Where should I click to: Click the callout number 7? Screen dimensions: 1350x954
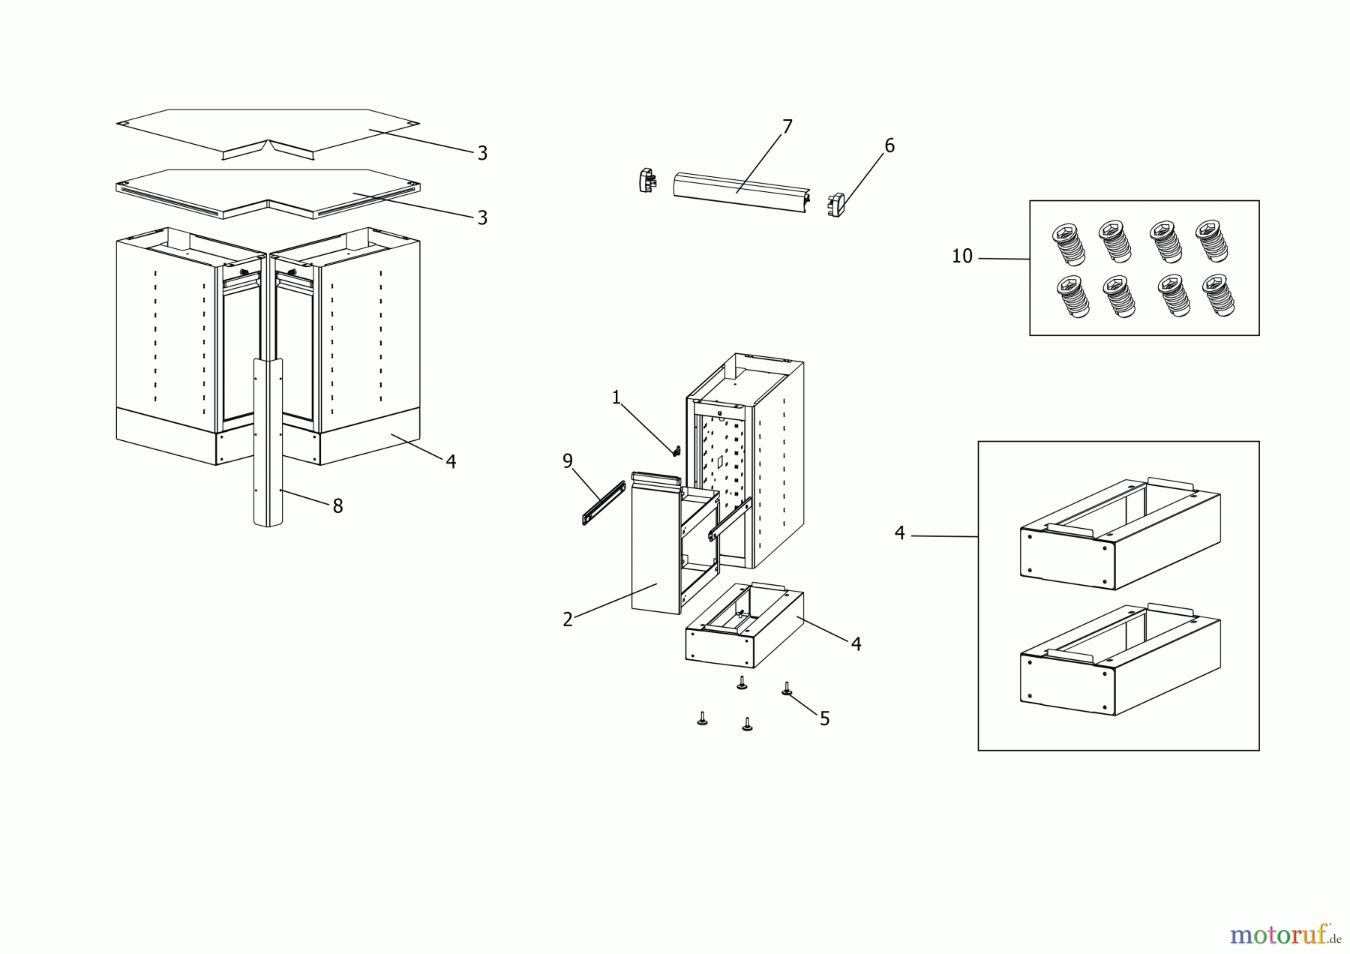click(x=787, y=127)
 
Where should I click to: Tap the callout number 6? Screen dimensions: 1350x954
click(x=889, y=145)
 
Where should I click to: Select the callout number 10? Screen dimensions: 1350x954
click(x=961, y=256)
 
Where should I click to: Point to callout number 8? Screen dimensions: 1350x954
click(x=337, y=506)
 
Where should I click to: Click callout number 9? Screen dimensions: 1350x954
click(x=568, y=461)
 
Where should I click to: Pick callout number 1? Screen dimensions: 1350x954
click(x=616, y=397)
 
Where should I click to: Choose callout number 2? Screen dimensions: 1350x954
click(x=568, y=619)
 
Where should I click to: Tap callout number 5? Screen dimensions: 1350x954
click(x=824, y=719)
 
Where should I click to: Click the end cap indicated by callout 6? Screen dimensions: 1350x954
click(x=835, y=205)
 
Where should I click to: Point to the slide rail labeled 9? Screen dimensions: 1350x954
click(x=604, y=502)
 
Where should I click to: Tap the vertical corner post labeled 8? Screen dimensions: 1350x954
click(x=268, y=442)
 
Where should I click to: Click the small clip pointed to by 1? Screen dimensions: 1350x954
click(x=676, y=451)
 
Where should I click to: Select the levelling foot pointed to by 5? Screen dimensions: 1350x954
click(x=787, y=688)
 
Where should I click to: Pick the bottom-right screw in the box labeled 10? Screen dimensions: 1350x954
click(x=1219, y=295)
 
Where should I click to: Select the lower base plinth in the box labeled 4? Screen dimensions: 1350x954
click(x=1120, y=659)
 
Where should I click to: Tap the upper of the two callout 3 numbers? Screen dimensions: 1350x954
click(x=482, y=153)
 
